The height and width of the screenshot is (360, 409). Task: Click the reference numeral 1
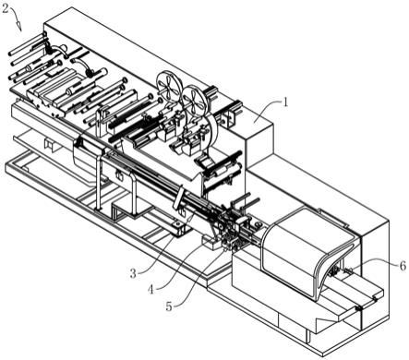(285, 102)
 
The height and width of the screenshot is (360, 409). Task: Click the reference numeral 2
(6, 8)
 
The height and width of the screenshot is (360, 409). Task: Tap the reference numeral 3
(133, 272)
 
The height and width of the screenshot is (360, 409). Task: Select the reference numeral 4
(150, 289)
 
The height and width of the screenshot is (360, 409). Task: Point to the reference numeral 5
(169, 306)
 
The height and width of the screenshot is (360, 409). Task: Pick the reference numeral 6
(403, 265)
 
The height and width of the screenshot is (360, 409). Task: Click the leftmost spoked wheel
(170, 86)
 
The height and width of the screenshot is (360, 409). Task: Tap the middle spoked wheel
(194, 101)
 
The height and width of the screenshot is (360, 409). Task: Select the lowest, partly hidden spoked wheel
(206, 123)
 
